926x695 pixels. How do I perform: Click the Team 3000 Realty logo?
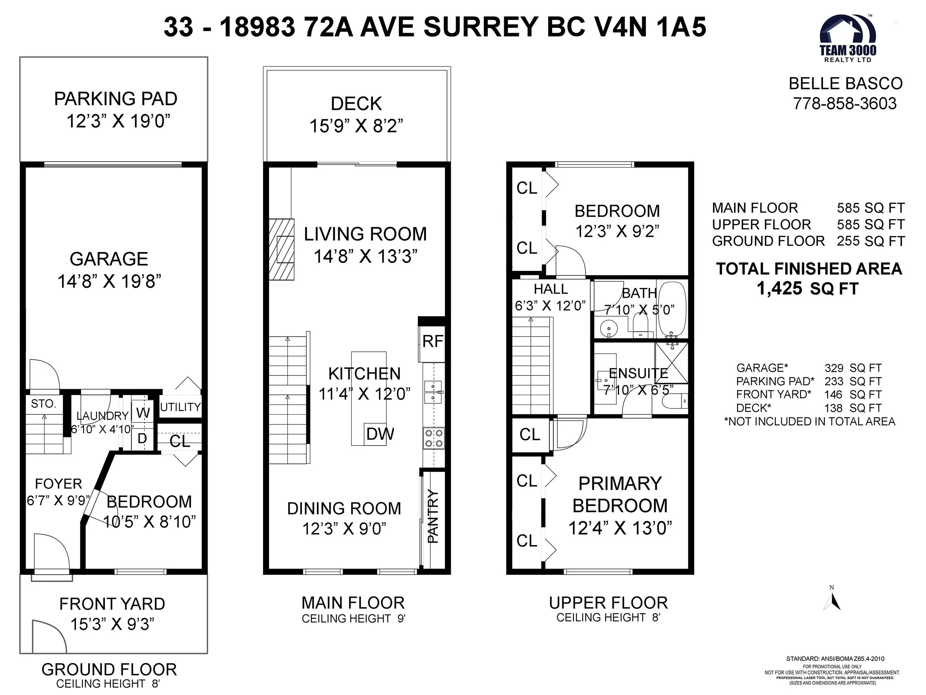pos(848,38)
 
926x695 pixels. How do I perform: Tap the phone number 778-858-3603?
pos(845,103)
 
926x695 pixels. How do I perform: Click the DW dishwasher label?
pos(380,434)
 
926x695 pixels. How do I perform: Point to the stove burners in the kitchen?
pos(434,438)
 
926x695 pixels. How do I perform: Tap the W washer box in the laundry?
pos(143,413)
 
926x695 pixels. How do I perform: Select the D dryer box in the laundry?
pos(143,439)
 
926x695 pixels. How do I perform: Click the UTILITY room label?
pos(180,407)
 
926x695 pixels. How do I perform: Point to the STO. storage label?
pos(44,404)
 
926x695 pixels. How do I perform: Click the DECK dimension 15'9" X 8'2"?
pos(356,126)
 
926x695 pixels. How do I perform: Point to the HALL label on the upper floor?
pos(550,289)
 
